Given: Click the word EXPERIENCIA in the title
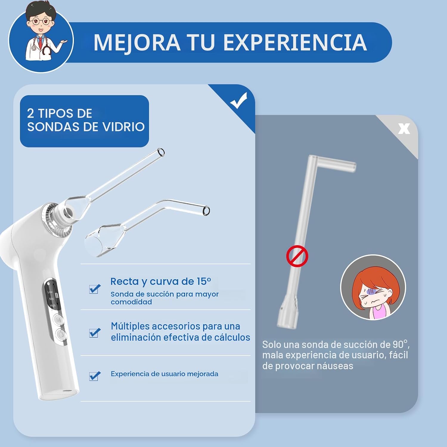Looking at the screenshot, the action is (x=295, y=42).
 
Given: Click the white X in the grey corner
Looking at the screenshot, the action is (x=404, y=129).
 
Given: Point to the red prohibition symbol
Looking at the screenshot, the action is (x=297, y=256).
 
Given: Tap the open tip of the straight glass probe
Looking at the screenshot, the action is (x=161, y=152).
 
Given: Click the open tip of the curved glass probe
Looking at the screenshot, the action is (x=206, y=211).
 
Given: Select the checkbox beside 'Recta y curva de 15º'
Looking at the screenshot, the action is (x=95, y=289).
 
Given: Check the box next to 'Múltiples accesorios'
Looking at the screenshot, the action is (x=95, y=333).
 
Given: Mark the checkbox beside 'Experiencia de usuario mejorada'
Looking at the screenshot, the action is (x=95, y=376).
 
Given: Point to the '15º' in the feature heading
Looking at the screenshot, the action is (x=204, y=281).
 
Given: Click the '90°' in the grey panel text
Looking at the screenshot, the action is (x=400, y=344).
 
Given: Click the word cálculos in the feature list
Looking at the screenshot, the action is (x=232, y=337).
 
